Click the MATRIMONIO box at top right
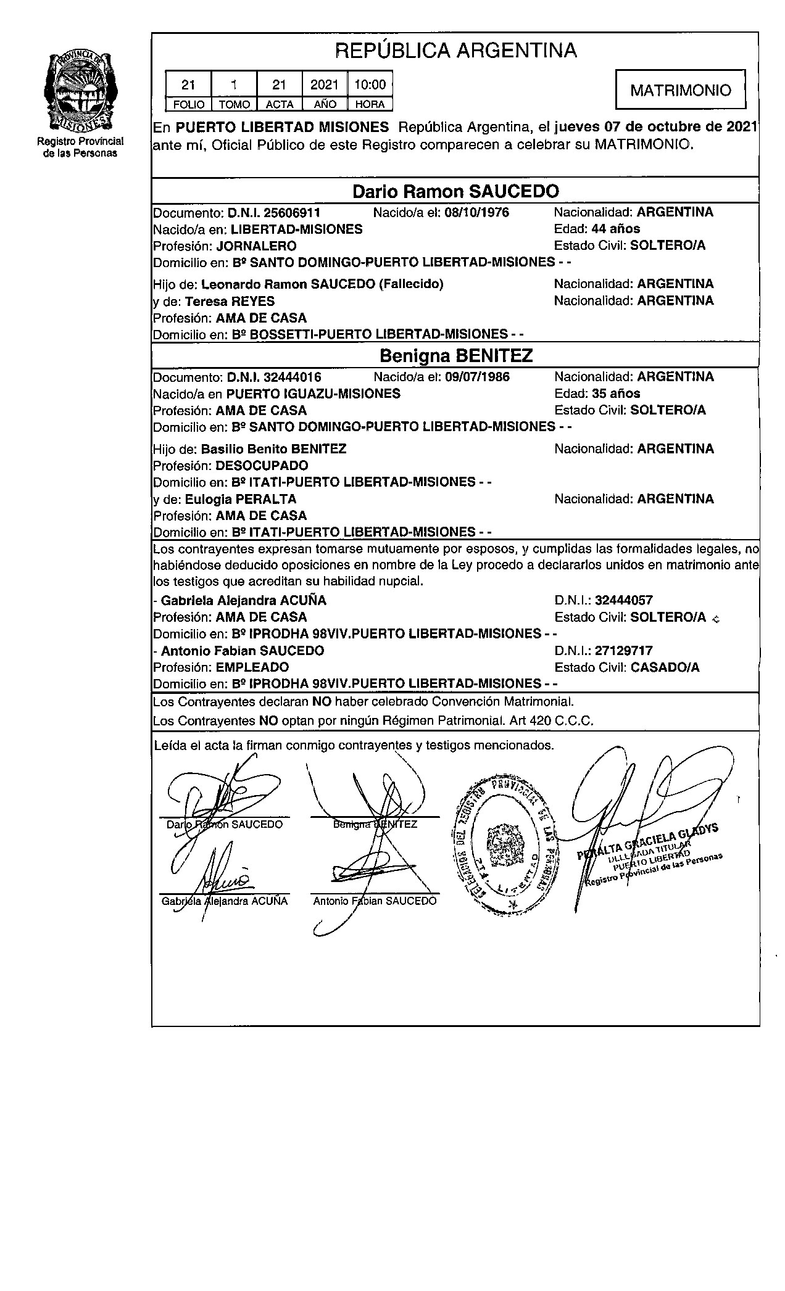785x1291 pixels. click(x=680, y=91)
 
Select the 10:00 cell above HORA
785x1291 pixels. click(x=370, y=85)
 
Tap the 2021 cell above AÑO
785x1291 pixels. click(x=325, y=85)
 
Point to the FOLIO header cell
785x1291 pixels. click(x=188, y=104)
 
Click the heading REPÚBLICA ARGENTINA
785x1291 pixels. click(x=455, y=51)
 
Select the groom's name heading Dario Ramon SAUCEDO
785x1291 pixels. click(x=455, y=192)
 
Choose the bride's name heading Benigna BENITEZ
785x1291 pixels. click(x=455, y=356)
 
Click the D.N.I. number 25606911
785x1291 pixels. click(x=291, y=213)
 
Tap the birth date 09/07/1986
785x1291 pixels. click(x=477, y=377)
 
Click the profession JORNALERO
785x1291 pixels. click(x=256, y=246)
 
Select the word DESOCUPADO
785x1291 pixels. click(x=262, y=466)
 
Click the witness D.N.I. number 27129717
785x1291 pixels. click(x=623, y=651)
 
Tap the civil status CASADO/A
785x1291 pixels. click(x=665, y=667)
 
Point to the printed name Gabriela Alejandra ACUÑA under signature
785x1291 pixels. click(x=225, y=901)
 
